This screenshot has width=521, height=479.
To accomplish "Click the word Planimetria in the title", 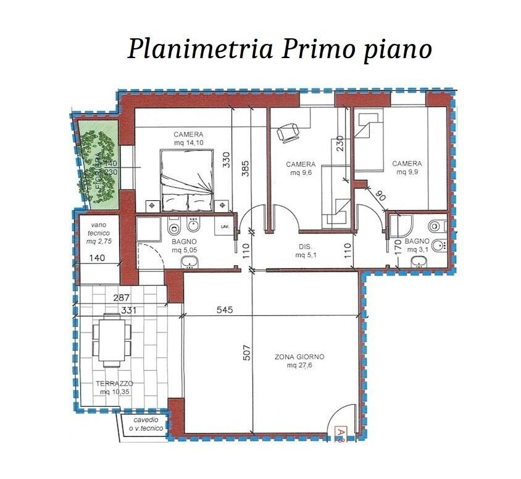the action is click(201, 49).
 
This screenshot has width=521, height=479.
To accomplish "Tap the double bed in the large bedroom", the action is click(187, 180).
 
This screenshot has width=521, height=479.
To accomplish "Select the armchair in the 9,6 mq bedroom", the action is click(288, 132).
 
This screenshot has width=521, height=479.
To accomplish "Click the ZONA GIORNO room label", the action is click(299, 361).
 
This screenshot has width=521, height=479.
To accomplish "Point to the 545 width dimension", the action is click(225, 310).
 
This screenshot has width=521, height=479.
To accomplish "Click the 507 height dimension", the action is click(247, 352).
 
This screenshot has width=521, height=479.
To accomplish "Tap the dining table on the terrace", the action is click(112, 340).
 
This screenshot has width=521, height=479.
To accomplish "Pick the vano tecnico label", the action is click(99, 233).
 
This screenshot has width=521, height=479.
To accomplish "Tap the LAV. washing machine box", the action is click(225, 227).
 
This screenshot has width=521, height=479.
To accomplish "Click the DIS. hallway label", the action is click(306, 251).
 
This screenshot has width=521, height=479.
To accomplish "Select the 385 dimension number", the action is click(245, 169).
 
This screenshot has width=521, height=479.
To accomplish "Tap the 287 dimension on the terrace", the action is click(121, 298).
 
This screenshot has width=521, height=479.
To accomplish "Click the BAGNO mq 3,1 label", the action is click(417, 245).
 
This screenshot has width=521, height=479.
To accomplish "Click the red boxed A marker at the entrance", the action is click(340, 433).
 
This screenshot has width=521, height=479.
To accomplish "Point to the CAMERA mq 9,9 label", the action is click(407, 167).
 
